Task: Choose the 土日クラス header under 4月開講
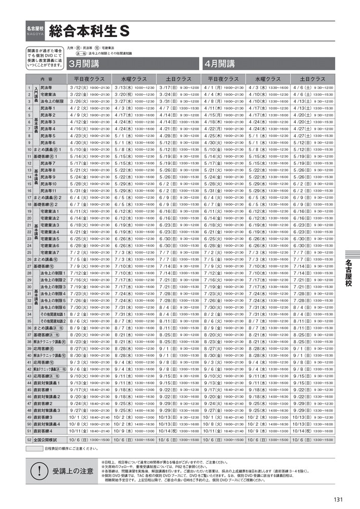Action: [312, 79]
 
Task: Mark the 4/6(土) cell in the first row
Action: [312, 88]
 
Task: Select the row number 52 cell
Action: [29, 440]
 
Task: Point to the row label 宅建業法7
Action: [50, 252]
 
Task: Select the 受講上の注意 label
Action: [73, 470]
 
